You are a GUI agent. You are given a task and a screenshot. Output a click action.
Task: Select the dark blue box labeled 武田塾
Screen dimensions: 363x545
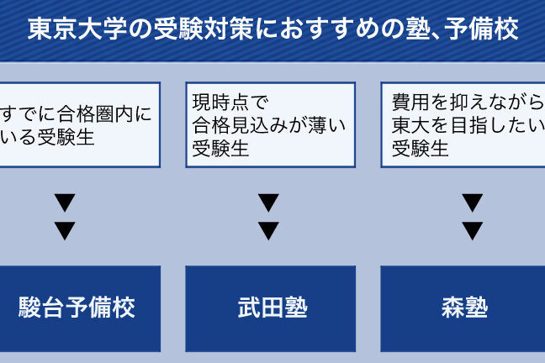[x=269, y=308]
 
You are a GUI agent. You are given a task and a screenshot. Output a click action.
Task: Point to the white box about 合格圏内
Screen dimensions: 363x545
[x=79, y=124]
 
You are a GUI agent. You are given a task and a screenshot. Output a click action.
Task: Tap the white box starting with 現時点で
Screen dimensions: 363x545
[x=269, y=124]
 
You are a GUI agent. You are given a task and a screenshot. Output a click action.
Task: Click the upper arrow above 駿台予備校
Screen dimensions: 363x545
[x=65, y=203]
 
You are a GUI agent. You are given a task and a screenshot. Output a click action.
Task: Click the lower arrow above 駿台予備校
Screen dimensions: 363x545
[x=65, y=230]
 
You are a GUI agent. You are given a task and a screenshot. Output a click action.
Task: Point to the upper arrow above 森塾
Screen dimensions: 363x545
[x=473, y=203]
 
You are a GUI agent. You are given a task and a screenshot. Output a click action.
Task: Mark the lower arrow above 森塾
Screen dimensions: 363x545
[x=473, y=230]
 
